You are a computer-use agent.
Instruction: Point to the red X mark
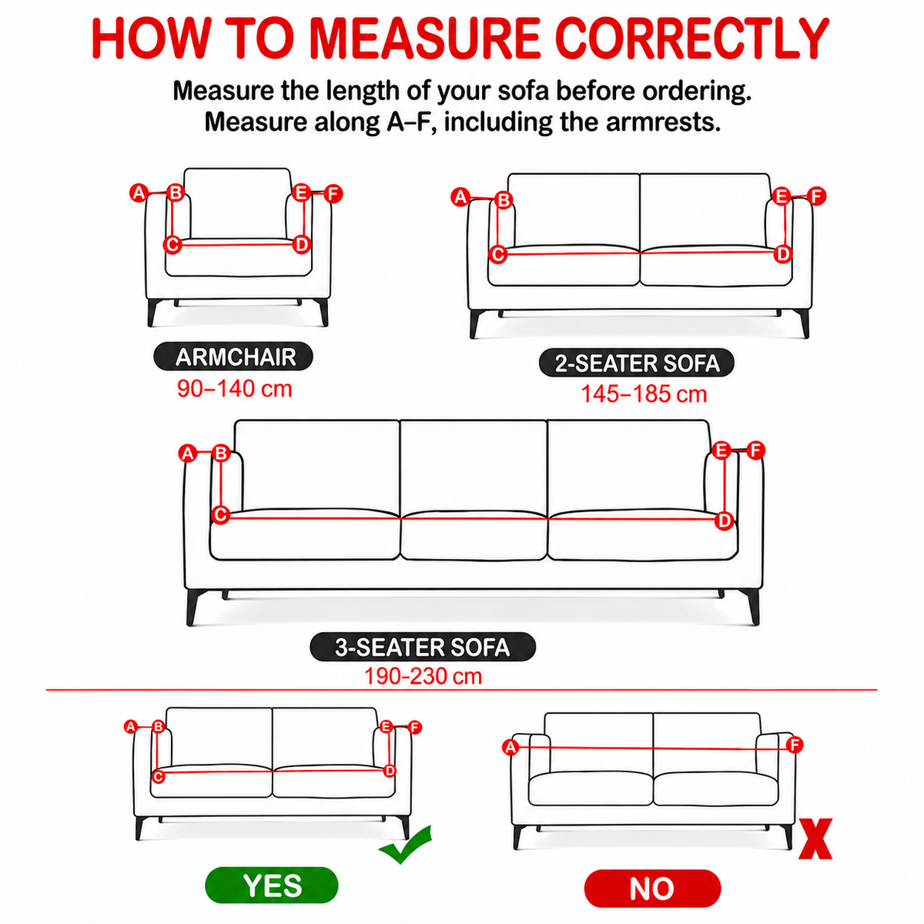[815, 839]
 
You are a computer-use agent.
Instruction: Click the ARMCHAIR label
[233, 357]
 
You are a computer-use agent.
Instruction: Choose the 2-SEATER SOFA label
[637, 363]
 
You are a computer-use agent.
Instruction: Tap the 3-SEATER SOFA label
[423, 647]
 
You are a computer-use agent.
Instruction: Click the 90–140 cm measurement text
[235, 388]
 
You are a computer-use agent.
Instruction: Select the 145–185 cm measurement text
[644, 394]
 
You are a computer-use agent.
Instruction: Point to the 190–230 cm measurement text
[423, 676]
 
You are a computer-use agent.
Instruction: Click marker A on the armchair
[139, 192]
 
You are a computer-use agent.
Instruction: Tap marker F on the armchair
[333, 194]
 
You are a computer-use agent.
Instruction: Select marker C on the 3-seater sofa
[220, 515]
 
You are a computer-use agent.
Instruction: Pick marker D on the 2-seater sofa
[783, 253]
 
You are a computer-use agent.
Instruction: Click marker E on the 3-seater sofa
[721, 450]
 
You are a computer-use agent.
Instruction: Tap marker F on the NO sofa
[795, 745]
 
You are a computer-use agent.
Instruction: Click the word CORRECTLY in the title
[693, 38]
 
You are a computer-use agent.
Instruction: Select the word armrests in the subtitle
[663, 122]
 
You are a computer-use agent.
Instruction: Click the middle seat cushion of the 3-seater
[474, 534]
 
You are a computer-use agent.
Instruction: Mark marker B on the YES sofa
[159, 726]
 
